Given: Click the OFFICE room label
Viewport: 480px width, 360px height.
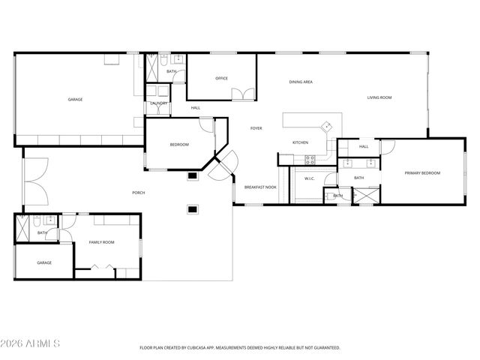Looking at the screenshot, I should click(x=221, y=78).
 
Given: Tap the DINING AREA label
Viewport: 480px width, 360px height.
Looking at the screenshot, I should click(x=301, y=82).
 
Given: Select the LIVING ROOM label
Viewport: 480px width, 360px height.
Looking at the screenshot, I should click(x=379, y=97).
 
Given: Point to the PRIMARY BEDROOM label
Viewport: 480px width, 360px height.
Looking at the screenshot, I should click(x=422, y=173).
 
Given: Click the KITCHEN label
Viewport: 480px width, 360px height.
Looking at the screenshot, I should click(x=300, y=142).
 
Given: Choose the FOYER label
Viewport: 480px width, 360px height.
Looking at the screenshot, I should click(x=256, y=128).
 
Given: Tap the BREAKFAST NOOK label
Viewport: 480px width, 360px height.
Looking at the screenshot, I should click(x=260, y=187).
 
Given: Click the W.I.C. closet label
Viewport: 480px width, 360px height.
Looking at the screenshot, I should click(x=310, y=178).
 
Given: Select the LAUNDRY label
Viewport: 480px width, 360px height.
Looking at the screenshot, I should click(x=158, y=103).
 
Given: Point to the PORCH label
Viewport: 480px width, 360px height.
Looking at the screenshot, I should click(x=139, y=193).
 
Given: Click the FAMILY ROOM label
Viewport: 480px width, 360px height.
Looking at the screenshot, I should click(x=102, y=242).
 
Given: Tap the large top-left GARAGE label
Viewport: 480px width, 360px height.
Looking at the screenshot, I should click(x=75, y=99).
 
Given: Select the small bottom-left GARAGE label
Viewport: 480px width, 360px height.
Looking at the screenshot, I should click(x=45, y=262).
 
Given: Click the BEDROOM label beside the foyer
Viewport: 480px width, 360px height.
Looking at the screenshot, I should click(x=179, y=145).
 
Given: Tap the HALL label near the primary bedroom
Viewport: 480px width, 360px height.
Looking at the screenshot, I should click(x=364, y=146).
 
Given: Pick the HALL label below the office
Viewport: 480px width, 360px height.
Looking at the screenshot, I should click(x=195, y=108).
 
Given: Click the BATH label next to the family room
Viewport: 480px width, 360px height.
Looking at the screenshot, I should click(x=42, y=232).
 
